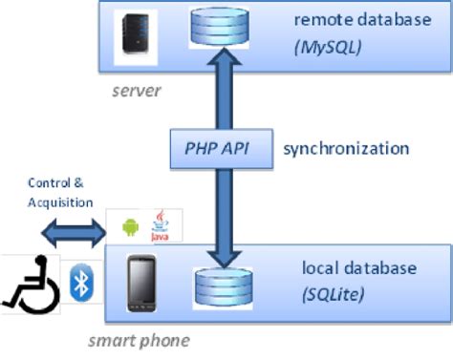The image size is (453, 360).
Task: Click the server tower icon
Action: click(x=130, y=34)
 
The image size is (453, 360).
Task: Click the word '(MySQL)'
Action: click(x=328, y=45)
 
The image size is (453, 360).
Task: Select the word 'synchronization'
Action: click(x=346, y=149)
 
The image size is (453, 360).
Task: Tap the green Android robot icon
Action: click(x=131, y=228)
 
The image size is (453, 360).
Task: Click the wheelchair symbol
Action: click(x=30, y=284)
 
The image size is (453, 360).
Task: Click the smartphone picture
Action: click(x=144, y=283)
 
